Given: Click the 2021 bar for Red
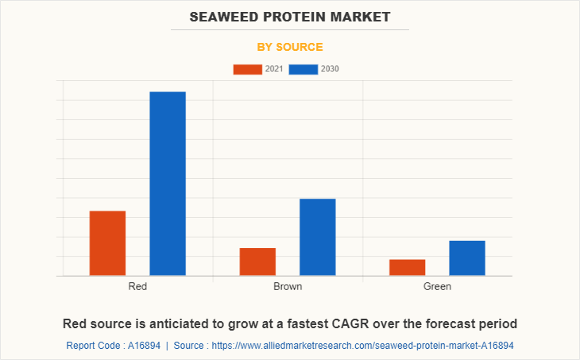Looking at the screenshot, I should [x=107, y=243].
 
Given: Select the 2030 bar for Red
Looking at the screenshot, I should [x=168, y=184].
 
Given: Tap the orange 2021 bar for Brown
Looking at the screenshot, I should [x=257, y=261].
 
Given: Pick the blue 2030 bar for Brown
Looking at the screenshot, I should [x=317, y=237].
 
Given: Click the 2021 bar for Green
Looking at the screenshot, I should [x=407, y=267].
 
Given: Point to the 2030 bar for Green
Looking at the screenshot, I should [x=467, y=257].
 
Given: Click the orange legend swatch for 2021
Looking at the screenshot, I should [x=247, y=69].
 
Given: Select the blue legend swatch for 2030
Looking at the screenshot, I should [x=304, y=69].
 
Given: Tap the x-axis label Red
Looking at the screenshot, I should [x=137, y=286].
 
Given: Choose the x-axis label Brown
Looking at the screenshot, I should [x=288, y=286].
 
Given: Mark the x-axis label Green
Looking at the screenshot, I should [x=437, y=286].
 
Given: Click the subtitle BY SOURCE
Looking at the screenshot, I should [x=290, y=47].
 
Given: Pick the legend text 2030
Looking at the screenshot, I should [x=330, y=69].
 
